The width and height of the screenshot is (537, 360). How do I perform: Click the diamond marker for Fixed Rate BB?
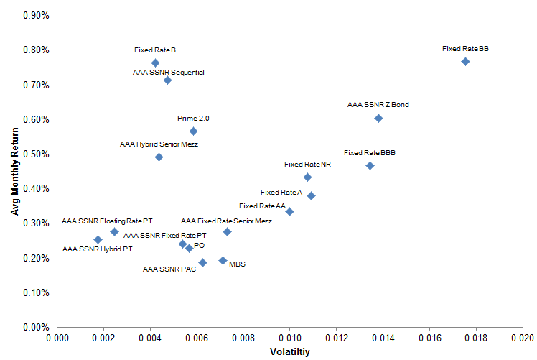click(x=465, y=62)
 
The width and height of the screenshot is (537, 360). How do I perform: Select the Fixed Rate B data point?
click(x=155, y=63)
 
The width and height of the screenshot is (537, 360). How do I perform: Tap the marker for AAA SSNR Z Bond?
click(x=378, y=119)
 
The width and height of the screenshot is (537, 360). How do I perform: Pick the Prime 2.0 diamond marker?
click(x=193, y=131)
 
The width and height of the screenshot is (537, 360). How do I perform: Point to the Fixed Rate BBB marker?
click(x=370, y=166)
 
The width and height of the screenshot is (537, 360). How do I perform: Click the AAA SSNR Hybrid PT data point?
click(x=98, y=240)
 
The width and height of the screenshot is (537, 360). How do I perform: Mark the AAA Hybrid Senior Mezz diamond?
click(x=159, y=157)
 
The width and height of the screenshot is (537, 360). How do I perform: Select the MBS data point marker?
click(x=223, y=261)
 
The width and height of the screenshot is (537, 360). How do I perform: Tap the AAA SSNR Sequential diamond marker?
click(x=167, y=80)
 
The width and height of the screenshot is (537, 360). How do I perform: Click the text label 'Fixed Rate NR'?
click(x=307, y=165)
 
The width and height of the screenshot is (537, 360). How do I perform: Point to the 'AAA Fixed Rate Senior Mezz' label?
click(x=226, y=221)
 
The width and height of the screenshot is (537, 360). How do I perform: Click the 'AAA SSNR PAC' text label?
click(x=169, y=269)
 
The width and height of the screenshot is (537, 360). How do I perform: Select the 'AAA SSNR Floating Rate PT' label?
click(x=107, y=221)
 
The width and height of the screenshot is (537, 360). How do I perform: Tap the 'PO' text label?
click(x=199, y=246)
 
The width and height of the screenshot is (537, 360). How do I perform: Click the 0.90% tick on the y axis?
click(x=36, y=15)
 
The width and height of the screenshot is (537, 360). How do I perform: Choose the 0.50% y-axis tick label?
click(x=36, y=154)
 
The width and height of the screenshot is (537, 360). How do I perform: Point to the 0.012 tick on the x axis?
click(x=336, y=338)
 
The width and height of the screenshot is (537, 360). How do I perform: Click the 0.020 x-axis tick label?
click(x=522, y=338)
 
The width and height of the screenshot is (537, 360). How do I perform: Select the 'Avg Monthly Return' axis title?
click(x=14, y=172)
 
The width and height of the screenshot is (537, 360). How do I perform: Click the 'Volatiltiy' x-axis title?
click(x=290, y=352)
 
